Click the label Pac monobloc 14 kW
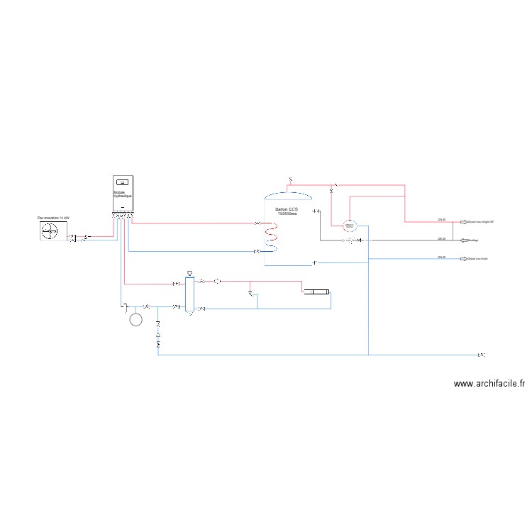click(x=54, y=218)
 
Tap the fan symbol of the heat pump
click(x=50, y=231)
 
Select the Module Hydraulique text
click(x=123, y=194)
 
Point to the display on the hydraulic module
click(x=123, y=182)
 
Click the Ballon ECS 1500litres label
click(x=287, y=211)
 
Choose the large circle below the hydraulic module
click(x=136, y=320)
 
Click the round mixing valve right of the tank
click(x=349, y=226)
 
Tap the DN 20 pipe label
click(x=441, y=239)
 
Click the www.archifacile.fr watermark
click(x=489, y=384)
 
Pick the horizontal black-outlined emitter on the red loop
click(x=316, y=291)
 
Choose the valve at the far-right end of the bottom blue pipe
click(x=482, y=354)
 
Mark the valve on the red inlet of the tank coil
click(x=257, y=224)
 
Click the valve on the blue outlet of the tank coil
click(x=257, y=251)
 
